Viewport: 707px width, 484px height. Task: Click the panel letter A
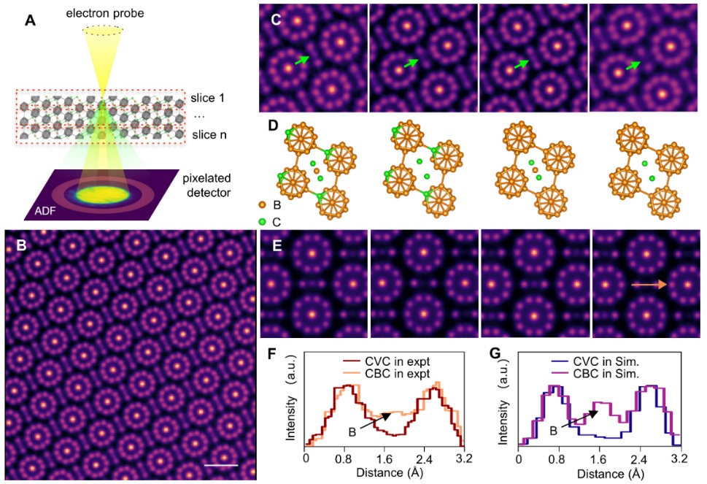pyautogui.click(x=30, y=20)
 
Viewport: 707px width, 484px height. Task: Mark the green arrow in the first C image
pyautogui.click(x=301, y=60)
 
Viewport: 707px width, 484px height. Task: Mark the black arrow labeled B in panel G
pyautogui.click(x=581, y=419)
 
